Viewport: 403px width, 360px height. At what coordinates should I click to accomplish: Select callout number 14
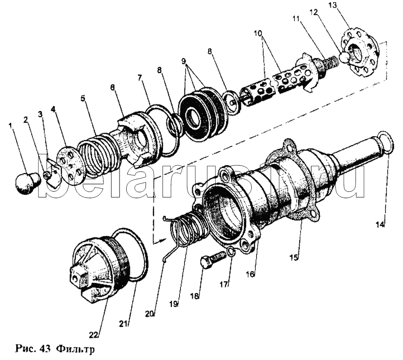click(x=380, y=225)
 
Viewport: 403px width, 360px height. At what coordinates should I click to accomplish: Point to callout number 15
click(x=293, y=258)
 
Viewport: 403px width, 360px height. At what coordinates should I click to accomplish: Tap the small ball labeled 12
click(x=345, y=57)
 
